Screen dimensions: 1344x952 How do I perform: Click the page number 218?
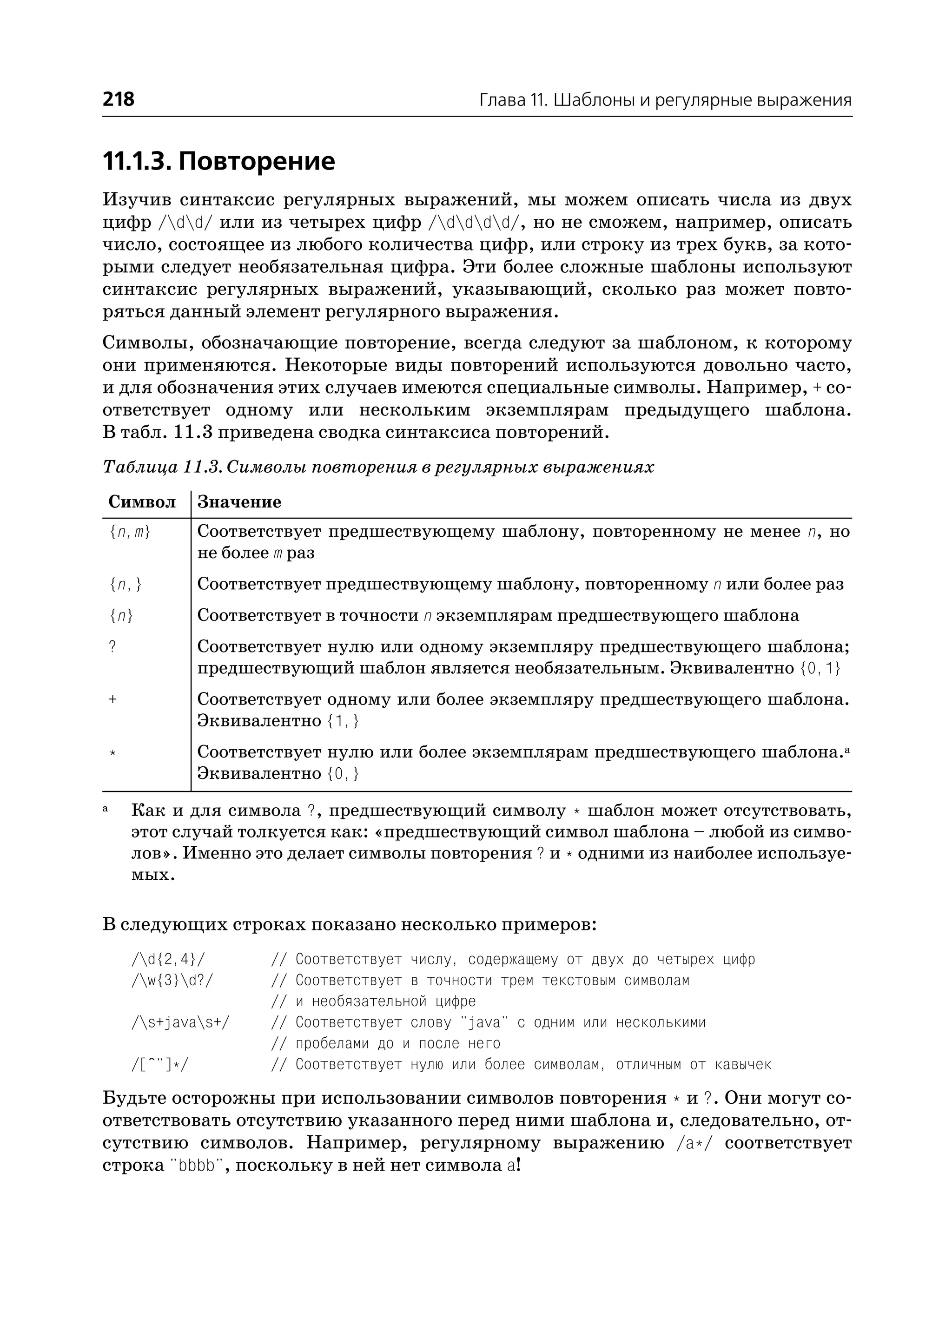click(x=119, y=99)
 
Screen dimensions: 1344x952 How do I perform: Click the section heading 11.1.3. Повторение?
click(x=218, y=161)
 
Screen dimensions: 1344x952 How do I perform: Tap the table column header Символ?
click(x=142, y=502)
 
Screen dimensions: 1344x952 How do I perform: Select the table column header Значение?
click(x=239, y=502)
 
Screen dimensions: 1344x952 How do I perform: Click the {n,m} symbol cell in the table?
click(x=130, y=532)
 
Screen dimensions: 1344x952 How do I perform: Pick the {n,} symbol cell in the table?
click(x=126, y=585)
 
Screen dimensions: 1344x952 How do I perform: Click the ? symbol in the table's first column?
click(x=112, y=647)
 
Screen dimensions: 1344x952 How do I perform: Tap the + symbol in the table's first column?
click(x=112, y=700)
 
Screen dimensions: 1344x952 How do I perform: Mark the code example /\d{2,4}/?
click(x=169, y=960)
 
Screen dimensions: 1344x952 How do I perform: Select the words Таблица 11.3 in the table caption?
click(x=161, y=468)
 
